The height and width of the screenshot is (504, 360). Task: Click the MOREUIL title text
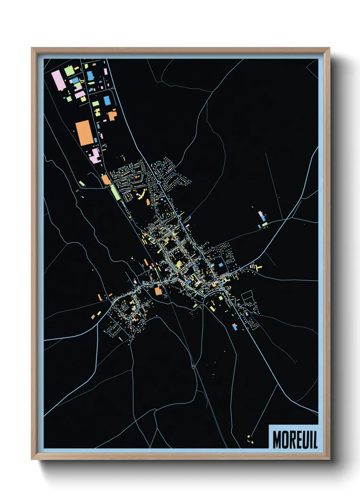coord(295,440)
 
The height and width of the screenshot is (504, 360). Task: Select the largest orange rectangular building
coord(84,133)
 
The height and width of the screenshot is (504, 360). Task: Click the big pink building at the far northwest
coord(58,80)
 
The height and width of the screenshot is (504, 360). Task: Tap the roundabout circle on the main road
coord(159,183)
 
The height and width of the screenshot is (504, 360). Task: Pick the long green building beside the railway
coord(115,193)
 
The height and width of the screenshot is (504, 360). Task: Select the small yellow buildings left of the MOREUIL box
coord(250,440)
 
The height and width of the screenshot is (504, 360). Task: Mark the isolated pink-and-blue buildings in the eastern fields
coord(262,218)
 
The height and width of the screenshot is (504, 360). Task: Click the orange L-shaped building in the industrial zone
coord(112,115)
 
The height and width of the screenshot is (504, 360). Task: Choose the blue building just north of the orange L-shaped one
coord(107,100)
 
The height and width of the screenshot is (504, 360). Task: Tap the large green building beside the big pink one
coord(69,71)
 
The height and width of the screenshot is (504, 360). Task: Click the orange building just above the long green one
coord(106,179)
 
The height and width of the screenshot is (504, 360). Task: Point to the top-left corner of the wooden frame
coord(32,48)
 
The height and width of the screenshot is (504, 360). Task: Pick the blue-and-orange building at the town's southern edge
coord(234,327)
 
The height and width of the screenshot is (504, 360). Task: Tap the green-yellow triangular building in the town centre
coord(179,264)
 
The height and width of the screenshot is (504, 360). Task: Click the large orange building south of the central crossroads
coord(158,291)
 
